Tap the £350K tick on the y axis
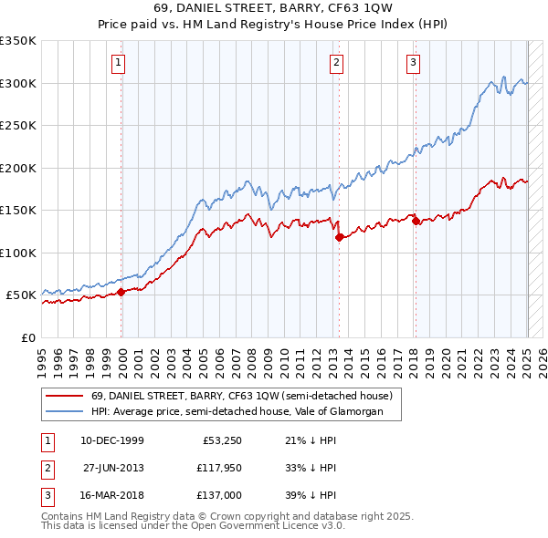click(18, 41)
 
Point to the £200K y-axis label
click(18, 168)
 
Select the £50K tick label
click(22, 295)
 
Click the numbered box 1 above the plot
click(121, 63)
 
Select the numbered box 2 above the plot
click(337, 63)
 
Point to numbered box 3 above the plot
click(414, 63)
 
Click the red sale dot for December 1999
click(121, 292)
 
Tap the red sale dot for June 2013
click(340, 237)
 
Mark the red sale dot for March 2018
click(416, 221)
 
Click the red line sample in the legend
click(64, 396)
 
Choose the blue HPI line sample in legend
click(64, 411)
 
